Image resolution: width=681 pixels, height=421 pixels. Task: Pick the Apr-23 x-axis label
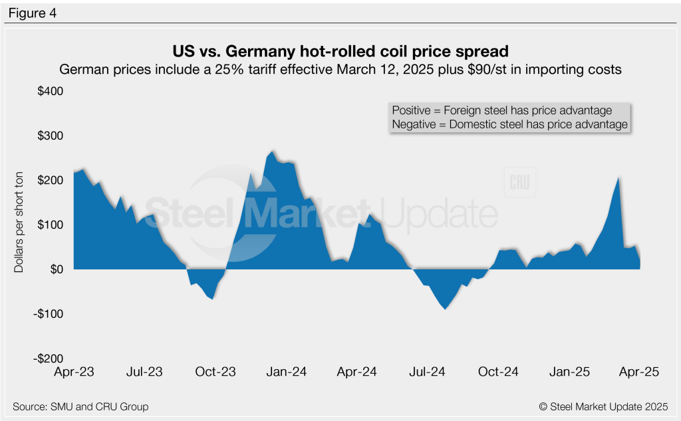click(74, 372)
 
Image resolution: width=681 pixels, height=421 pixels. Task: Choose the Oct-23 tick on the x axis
click(216, 372)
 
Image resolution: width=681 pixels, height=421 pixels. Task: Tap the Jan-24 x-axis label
click(287, 372)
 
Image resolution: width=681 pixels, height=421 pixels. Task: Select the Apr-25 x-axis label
click(639, 372)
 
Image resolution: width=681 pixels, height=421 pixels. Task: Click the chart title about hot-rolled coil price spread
click(340, 51)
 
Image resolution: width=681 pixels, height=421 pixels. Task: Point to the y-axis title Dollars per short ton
click(19, 225)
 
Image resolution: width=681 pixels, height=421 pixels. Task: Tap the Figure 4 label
click(32, 13)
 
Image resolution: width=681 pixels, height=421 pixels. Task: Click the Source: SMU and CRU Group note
click(80, 406)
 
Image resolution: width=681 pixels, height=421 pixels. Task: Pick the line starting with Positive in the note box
click(502, 110)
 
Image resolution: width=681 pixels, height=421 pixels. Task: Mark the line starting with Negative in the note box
click(509, 124)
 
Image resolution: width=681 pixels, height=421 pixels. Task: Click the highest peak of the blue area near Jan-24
click(273, 152)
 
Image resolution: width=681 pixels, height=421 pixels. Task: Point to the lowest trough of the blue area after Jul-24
click(446, 309)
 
